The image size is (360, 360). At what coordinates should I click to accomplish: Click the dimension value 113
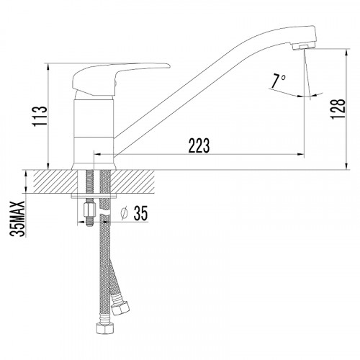(x=40, y=117)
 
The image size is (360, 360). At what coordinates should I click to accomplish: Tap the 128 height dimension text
(x=338, y=109)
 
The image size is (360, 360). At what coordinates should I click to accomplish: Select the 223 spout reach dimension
(x=199, y=145)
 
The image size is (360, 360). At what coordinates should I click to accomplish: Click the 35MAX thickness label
(x=18, y=219)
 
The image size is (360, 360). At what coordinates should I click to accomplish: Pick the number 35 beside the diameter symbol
(x=140, y=213)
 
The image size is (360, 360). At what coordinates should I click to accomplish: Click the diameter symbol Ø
(x=125, y=213)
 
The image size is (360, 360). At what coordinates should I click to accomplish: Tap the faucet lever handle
(x=116, y=78)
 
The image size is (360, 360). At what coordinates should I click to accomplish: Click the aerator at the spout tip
(x=304, y=46)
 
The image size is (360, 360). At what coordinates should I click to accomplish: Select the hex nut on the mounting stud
(x=89, y=210)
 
